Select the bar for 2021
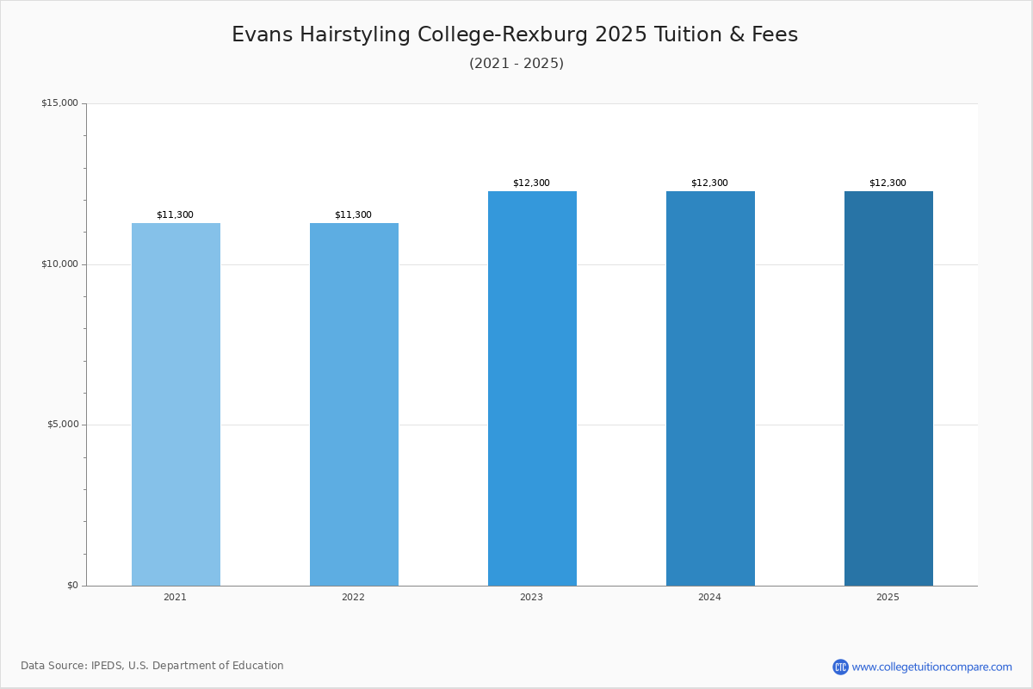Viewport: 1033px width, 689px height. [x=176, y=405]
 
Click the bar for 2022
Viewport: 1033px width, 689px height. [x=354, y=405]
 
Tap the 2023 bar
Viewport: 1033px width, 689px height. [x=532, y=388]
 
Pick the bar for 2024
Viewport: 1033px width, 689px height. [x=710, y=388]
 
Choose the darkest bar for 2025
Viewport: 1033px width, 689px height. [x=888, y=388]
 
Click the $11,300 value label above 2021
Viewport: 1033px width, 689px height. [x=175, y=214]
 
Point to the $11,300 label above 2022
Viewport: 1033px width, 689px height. [x=353, y=214]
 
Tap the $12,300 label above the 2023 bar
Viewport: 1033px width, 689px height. [x=531, y=183]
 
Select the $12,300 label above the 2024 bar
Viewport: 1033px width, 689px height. [x=709, y=183]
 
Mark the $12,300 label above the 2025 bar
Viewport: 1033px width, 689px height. [x=888, y=183]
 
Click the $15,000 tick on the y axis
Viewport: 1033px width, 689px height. [x=59, y=103]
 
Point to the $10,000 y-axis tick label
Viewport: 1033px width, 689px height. [x=59, y=264]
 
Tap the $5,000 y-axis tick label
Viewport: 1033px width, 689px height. [x=61, y=425]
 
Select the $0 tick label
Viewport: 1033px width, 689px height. [x=72, y=586]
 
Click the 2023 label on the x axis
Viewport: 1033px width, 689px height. [x=531, y=598]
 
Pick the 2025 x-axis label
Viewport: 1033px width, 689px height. [x=888, y=598]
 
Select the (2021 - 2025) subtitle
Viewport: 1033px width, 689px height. [x=516, y=64]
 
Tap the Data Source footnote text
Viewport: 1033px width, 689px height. [x=152, y=666]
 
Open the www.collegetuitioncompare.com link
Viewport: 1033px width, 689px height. [x=931, y=667]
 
